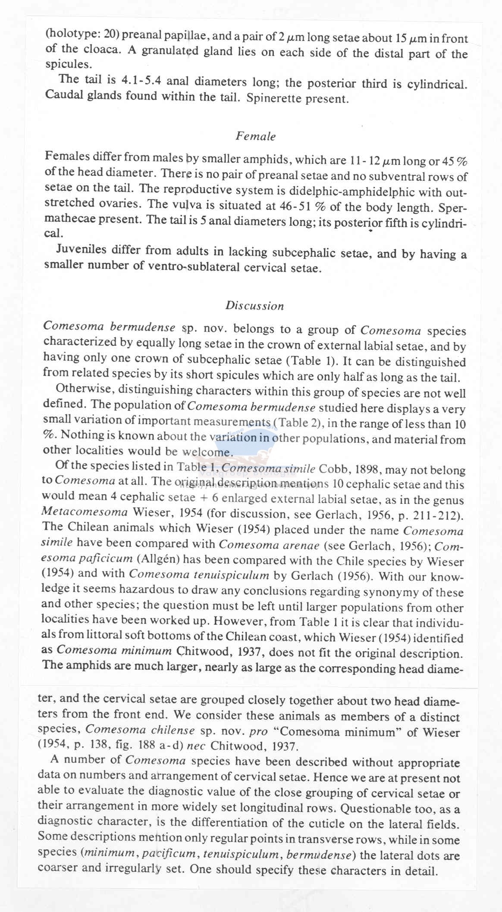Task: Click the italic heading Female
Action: [255, 136]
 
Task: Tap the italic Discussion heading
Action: [254, 306]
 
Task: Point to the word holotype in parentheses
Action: [64, 35]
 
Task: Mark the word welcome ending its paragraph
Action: [207, 452]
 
